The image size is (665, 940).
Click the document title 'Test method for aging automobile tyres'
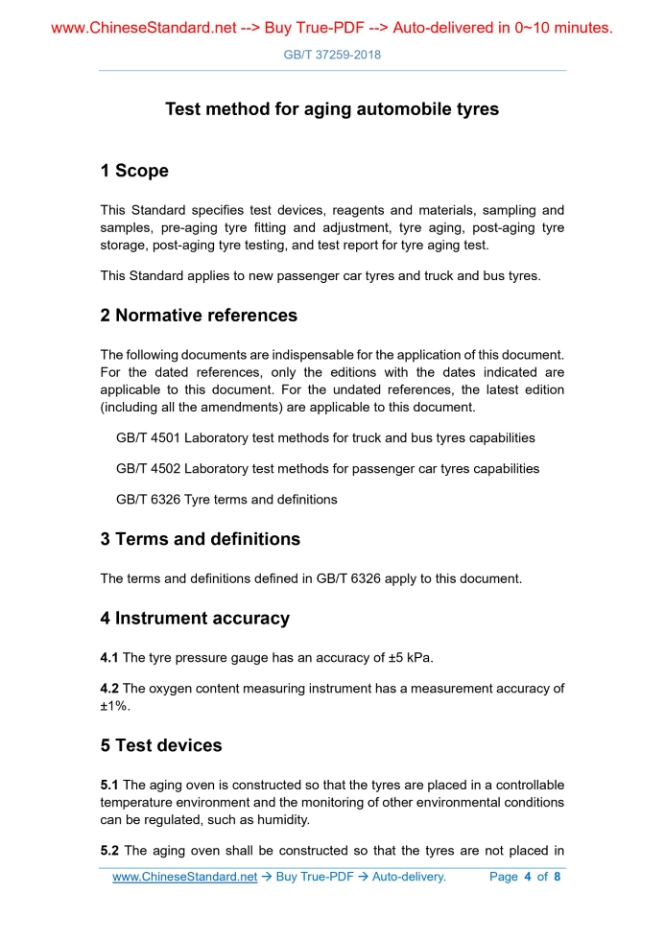click(332, 109)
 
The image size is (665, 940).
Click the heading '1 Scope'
click(134, 171)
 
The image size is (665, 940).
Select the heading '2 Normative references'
click(199, 316)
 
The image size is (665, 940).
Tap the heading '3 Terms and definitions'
click(200, 539)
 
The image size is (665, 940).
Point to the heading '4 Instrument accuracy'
click(195, 619)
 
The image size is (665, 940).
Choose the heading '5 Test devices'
click(161, 745)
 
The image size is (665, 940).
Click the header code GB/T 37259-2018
click(332, 55)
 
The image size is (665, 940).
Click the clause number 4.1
click(109, 657)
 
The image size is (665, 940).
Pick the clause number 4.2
click(109, 688)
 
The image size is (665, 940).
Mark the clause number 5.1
click(109, 785)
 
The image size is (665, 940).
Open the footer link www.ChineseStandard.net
click(185, 877)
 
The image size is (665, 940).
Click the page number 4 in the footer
click(528, 877)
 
